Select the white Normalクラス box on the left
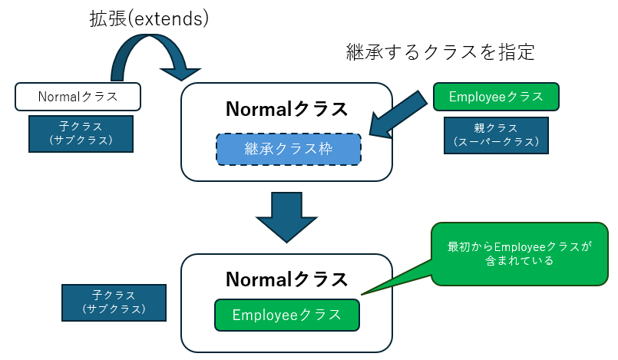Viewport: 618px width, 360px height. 78,97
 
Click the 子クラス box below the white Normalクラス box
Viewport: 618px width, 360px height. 81,134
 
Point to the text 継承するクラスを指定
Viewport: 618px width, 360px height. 440,52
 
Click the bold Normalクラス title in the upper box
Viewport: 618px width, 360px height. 286,109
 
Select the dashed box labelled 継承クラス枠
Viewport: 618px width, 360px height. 288,148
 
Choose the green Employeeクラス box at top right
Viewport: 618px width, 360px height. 496,97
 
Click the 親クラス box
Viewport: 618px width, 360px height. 496,135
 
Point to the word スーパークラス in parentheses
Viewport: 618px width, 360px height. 496,142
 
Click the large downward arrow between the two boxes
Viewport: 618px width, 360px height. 286,216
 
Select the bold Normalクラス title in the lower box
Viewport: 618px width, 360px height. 286,279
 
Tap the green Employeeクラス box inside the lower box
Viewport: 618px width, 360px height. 286,315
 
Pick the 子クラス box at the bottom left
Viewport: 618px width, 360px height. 113,302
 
